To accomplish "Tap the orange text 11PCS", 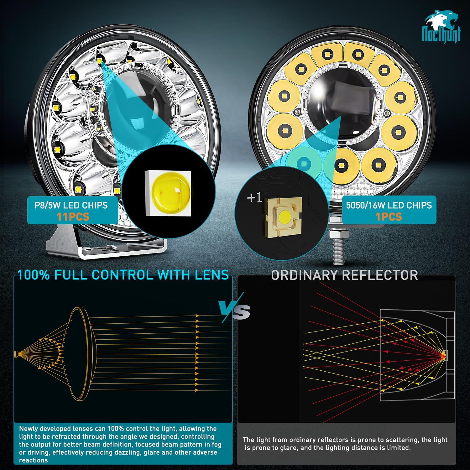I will [73, 217].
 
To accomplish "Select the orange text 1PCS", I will [389, 217].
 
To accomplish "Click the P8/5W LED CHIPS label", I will [71, 205].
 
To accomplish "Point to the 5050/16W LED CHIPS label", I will [389, 205].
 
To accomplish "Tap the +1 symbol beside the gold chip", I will [254, 198].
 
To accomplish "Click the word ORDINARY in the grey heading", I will [304, 275].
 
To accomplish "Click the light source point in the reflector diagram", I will [444, 355].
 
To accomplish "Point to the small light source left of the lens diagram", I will [16, 354].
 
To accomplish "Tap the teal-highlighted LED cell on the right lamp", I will [303, 163].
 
